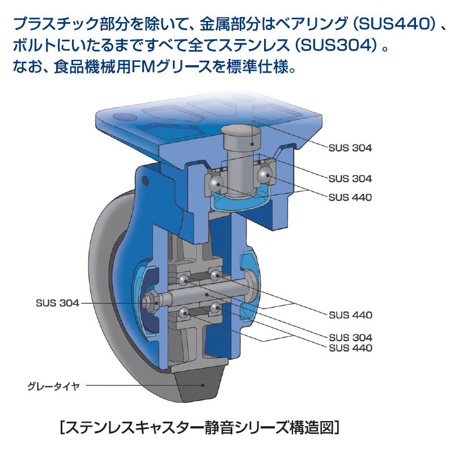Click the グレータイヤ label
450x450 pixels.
tap(53, 387)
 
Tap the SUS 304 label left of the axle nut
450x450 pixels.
tap(57, 303)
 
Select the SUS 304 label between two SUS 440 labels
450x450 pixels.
tap(350, 337)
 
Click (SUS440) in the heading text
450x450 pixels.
tap(395, 24)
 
